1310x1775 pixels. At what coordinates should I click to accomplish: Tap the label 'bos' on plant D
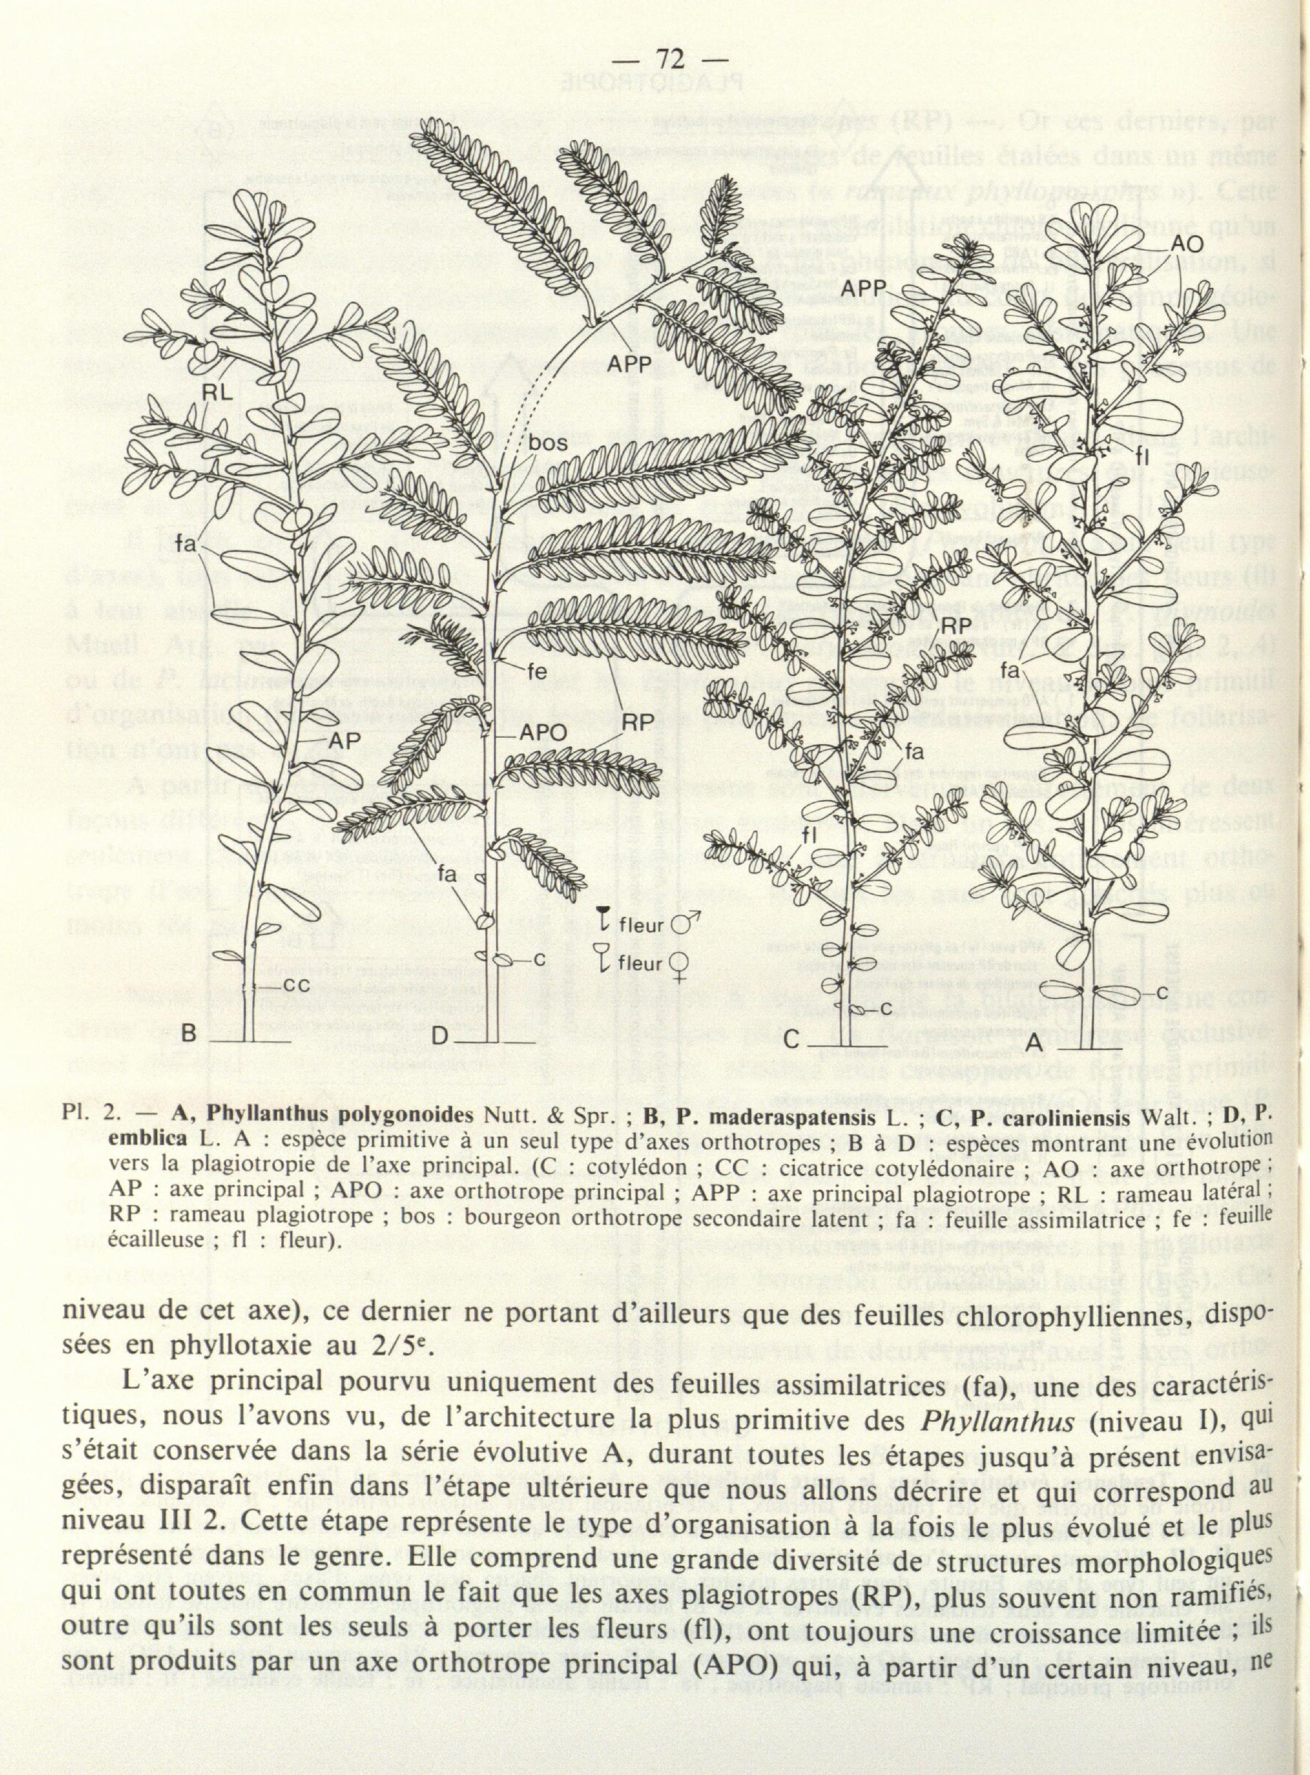[x=549, y=443]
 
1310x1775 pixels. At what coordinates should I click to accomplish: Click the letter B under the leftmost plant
[x=189, y=1034]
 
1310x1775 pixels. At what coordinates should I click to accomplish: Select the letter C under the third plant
[x=791, y=1039]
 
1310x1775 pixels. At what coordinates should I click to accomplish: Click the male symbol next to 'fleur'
[x=682, y=925]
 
